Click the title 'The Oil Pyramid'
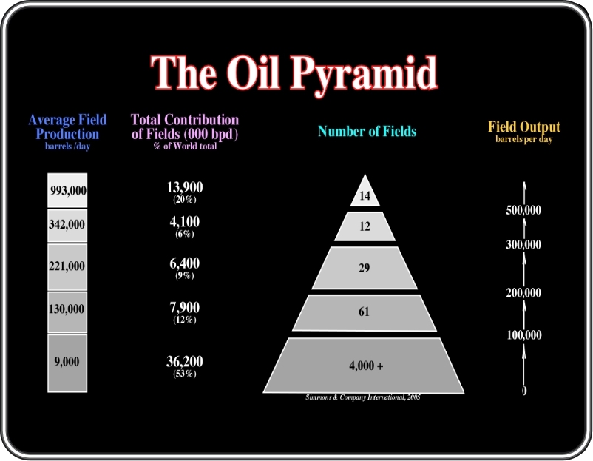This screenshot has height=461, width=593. (x=294, y=74)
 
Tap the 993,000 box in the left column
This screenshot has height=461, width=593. (x=67, y=190)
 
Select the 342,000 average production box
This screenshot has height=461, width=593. (x=67, y=226)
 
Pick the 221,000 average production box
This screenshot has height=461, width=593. (x=67, y=267)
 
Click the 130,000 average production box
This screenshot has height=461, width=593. (x=67, y=312)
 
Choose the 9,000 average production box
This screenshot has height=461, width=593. (x=67, y=363)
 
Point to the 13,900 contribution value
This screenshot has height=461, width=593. (x=185, y=187)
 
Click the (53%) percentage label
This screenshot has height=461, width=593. (x=185, y=374)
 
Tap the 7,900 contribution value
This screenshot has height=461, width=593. (x=185, y=307)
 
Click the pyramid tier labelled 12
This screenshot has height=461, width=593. (x=365, y=226)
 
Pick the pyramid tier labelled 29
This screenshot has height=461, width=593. (x=365, y=268)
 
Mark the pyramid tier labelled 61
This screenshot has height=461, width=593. (x=365, y=312)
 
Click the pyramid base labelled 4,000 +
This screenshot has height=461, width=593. (x=364, y=366)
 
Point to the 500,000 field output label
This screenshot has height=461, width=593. (x=523, y=210)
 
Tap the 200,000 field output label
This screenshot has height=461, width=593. (x=523, y=292)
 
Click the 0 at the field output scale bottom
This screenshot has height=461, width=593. (x=524, y=391)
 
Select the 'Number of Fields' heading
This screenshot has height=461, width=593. (x=367, y=131)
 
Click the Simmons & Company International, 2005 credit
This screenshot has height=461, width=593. (x=363, y=397)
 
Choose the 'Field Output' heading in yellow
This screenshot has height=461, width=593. (x=524, y=127)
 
